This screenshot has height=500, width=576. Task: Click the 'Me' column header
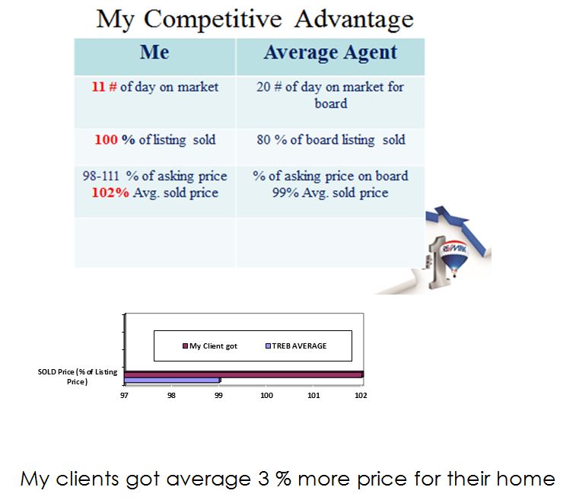pyautogui.click(x=154, y=53)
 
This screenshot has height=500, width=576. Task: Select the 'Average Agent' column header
pyautogui.click(x=331, y=53)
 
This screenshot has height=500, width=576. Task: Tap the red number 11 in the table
pyautogui.click(x=98, y=87)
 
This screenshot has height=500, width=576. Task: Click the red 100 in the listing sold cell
pyautogui.click(x=106, y=139)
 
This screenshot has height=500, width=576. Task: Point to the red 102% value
pyautogui.click(x=110, y=193)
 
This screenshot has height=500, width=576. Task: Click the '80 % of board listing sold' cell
pyautogui.click(x=331, y=139)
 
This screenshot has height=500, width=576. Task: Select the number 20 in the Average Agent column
pyautogui.click(x=263, y=87)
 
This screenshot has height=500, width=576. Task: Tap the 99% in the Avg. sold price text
pyautogui.click(x=285, y=193)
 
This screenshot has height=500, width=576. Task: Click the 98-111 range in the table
pyautogui.click(x=101, y=176)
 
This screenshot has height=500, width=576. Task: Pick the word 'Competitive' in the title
pyautogui.click(x=213, y=19)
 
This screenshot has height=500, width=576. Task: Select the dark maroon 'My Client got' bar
pyautogui.click(x=244, y=374)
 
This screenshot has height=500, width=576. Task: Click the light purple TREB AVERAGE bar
pyautogui.click(x=173, y=381)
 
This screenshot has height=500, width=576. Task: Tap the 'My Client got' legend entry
pyautogui.click(x=210, y=346)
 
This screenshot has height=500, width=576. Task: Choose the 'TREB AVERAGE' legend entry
pyautogui.click(x=296, y=346)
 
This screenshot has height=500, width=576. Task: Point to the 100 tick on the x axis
pyautogui.click(x=266, y=395)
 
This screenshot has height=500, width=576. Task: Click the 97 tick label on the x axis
pyautogui.click(x=124, y=395)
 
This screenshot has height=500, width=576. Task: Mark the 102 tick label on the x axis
pyautogui.click(x=361, y=395)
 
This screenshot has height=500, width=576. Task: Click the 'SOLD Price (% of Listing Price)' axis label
pyautogui.click(x=78, y=377)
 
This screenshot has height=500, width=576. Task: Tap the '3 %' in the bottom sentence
pyautogui.click(x=275, y=479)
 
